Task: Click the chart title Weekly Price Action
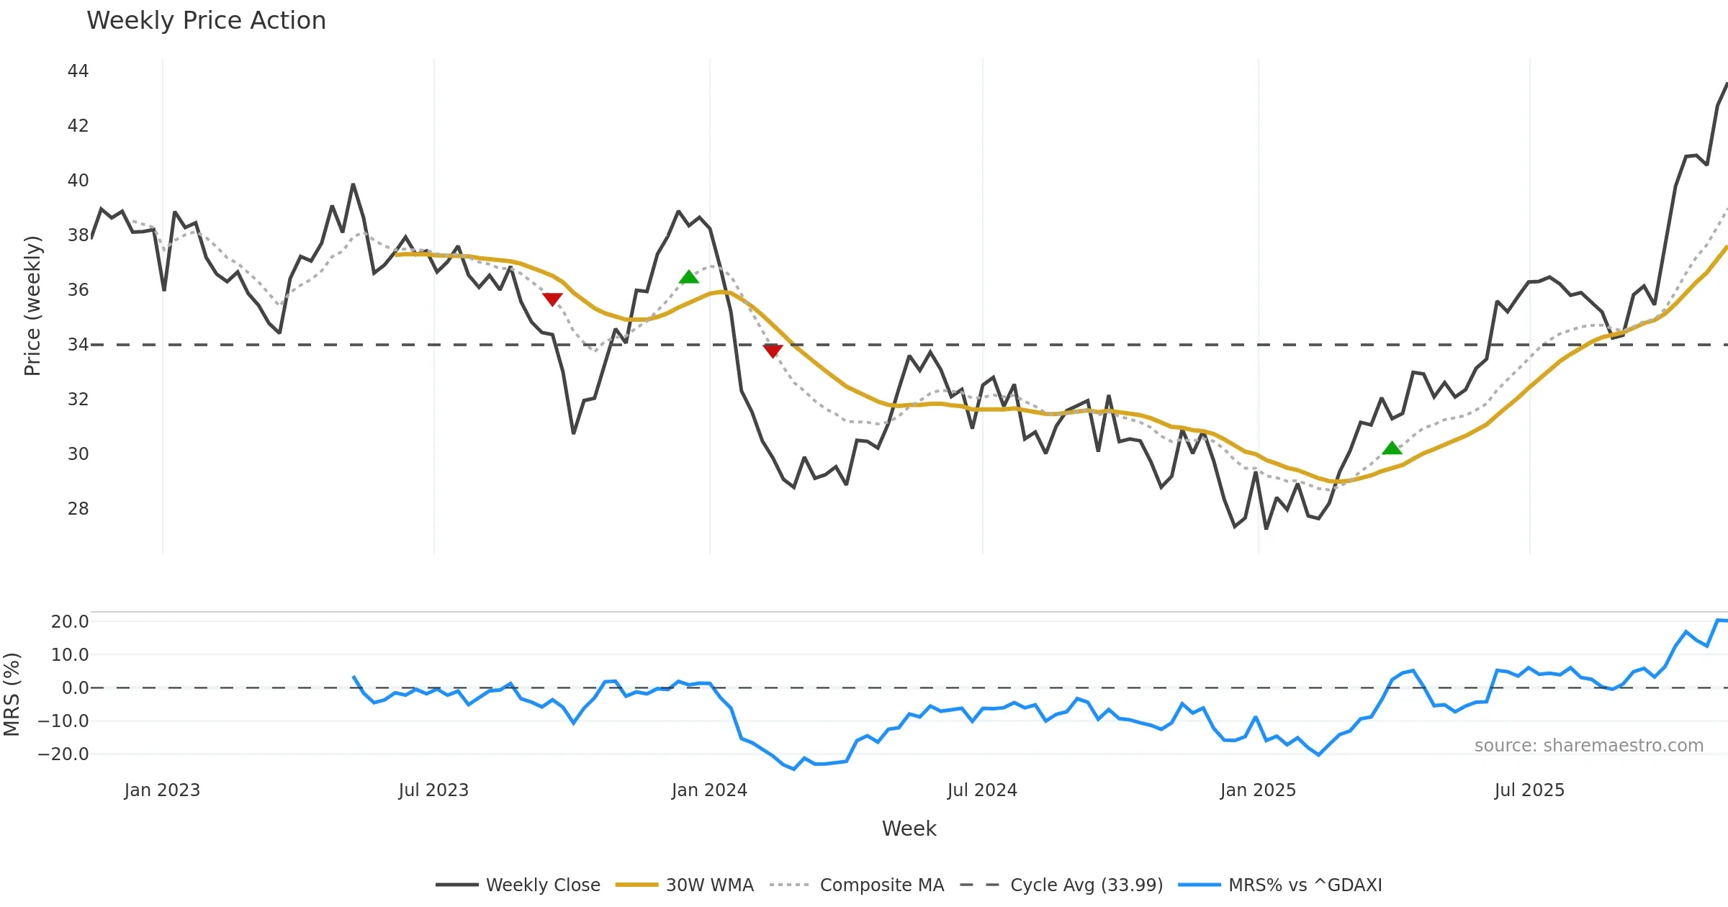tap(206, 21)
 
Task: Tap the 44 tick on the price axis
tap(78, 71)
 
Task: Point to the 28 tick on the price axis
tap(78, 509)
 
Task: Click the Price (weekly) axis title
tap(32, 306)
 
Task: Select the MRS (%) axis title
tap(12, 695)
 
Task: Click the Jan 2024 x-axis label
tap(709, 790)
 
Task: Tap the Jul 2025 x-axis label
tap(1529, 790)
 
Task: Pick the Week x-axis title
tap(909, 829)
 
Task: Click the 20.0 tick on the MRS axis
tap(70, 622)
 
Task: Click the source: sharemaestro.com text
tap(1588, 746)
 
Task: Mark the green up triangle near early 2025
tap(1392, 448)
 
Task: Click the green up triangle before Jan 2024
tap(689, 277)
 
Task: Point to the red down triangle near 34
tap(773, 351)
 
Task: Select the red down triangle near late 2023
tap(552, 299)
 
